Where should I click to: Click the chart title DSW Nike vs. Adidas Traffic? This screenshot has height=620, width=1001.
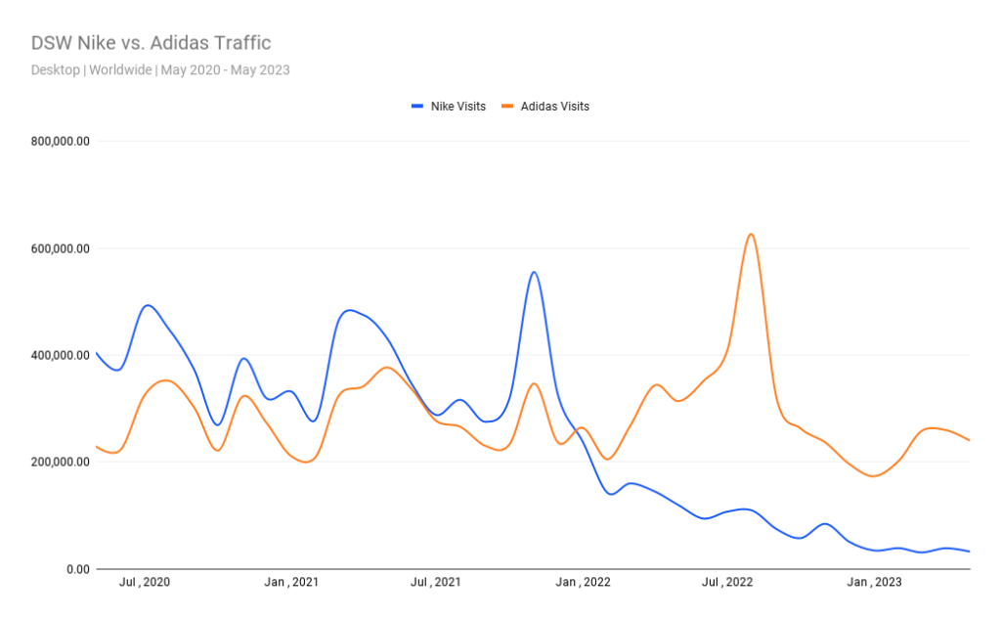(x=151, y=43)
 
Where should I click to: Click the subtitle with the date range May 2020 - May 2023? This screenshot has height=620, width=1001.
(x=160, y=70)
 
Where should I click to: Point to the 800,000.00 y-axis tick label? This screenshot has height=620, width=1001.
(x=61, y=142)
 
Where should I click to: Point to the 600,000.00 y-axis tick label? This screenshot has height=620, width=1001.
(x=61, y=248)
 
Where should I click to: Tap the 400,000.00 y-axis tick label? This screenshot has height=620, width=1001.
(x=61, y=355)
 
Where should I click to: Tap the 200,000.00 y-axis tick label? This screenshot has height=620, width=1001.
(x=61, y=463)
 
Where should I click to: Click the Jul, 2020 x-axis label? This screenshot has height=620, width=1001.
(x=145, y=583)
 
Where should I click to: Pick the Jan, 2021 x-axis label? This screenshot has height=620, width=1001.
(x=291, y=583)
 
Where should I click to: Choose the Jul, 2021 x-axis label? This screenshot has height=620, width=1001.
(x=436, y=583)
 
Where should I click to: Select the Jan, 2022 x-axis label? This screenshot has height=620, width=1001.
(x=583, y=583)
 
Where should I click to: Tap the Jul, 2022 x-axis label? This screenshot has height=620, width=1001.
(x=727, y=583)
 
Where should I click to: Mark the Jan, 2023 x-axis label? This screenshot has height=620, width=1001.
(x=874, y=583)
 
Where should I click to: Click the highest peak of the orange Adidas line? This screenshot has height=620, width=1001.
(x=751, y=235)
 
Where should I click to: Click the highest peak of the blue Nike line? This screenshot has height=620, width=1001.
(x=533, y=272)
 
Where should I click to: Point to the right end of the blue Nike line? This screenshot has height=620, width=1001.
(x=969, y=552)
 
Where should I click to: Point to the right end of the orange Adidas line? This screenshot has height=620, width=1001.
(x=969, y=440)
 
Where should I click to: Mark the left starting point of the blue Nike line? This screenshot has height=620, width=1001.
(x=96, y=353)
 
